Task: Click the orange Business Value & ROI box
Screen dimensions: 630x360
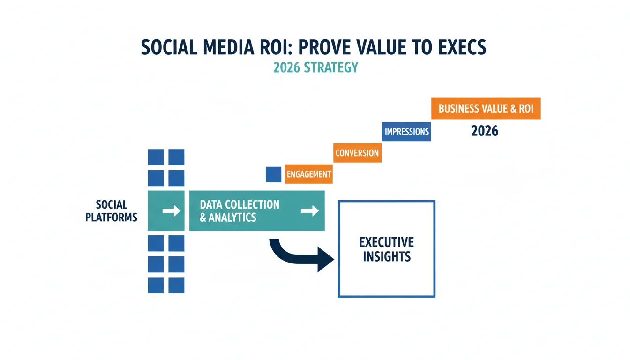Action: (486, 108)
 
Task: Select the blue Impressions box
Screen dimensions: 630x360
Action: (406, 132)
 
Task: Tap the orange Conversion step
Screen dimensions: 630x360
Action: (358, 153)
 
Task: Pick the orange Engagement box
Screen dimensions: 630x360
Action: (309, 174)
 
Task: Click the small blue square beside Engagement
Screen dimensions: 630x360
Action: (273, 174)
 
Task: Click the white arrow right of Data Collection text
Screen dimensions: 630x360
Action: (310, 210)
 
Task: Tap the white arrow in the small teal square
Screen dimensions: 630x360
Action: (171, 210)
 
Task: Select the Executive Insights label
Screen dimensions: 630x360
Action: (387, 249)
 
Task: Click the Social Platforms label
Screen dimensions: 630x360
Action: (112, 210)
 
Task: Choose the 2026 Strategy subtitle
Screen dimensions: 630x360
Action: (315, 67)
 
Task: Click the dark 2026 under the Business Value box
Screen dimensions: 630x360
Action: (485, 131)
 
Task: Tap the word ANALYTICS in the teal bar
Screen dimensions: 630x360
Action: (232, 217)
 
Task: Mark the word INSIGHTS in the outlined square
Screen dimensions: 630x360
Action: (387, 256)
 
